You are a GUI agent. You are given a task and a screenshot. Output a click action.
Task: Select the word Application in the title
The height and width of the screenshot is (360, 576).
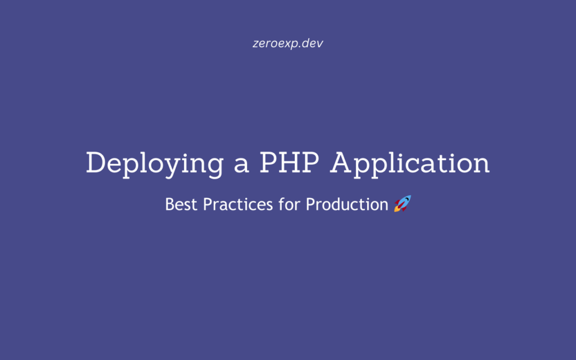coord(410,164)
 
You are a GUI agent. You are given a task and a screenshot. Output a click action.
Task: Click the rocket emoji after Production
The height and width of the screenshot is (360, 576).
coord(402,203)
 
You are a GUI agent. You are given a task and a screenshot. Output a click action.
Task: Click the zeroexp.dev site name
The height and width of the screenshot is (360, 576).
coord(288,43)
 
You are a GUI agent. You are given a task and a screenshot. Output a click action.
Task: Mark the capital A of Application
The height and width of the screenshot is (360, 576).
coord(342,163)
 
